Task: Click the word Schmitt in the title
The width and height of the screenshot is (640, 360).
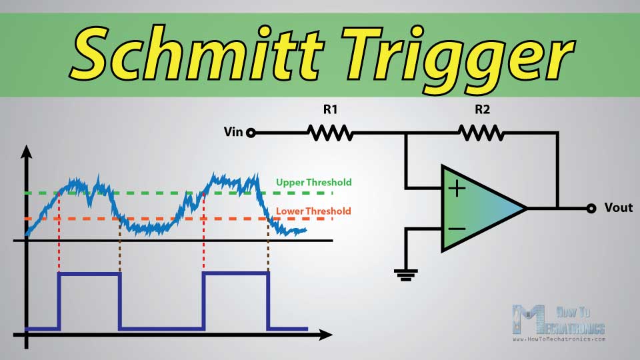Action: pyautogui.click(x=196, y=53)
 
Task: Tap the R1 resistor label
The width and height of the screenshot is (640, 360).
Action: pyautogui.click(x=330, y=109)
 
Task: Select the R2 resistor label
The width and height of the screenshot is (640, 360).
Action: pyautogui.click(x=482, y=109)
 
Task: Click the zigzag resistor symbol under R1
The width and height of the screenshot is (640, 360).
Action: pyautogui.click(x=330, y=133)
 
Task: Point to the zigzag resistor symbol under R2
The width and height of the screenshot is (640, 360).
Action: pyautogui.click(x=481, y=133)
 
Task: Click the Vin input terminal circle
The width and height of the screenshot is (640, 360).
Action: pyautogui.click(x=251, y=133)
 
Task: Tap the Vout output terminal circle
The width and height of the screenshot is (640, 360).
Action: pyautogui.click(x=591, y=208)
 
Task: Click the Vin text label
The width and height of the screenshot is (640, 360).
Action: pyautogui.click(x=233, y=132)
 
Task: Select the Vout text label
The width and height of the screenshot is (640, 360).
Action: pyautogui.click(x=619, y=208)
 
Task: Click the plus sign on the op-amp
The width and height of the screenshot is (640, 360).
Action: pyautogui.click(x=457, y=189)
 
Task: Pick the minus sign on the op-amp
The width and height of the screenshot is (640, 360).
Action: pyautogui.click(x=457, y=229)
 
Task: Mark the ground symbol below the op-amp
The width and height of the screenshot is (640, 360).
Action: pyautogui.click(x=406, y=275)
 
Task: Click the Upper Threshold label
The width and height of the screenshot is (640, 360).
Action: pyautogui.click(x=313, y=182)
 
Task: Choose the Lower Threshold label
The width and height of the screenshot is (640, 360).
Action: pyautogui.click(x=313, y=211)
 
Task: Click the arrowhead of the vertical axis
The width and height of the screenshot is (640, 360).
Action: pyautogui.click(x=27, y=151)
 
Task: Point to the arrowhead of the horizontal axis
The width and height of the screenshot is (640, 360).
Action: pyautogui.click(x=325, y=335)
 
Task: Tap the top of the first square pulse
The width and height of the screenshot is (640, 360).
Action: pyautogui.click(x=89, y=274)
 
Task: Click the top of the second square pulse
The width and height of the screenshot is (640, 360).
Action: pyautogui.click(x=235, y=274)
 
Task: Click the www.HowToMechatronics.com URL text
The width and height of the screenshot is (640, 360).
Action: pyautogui.click(x=559, y=339)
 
